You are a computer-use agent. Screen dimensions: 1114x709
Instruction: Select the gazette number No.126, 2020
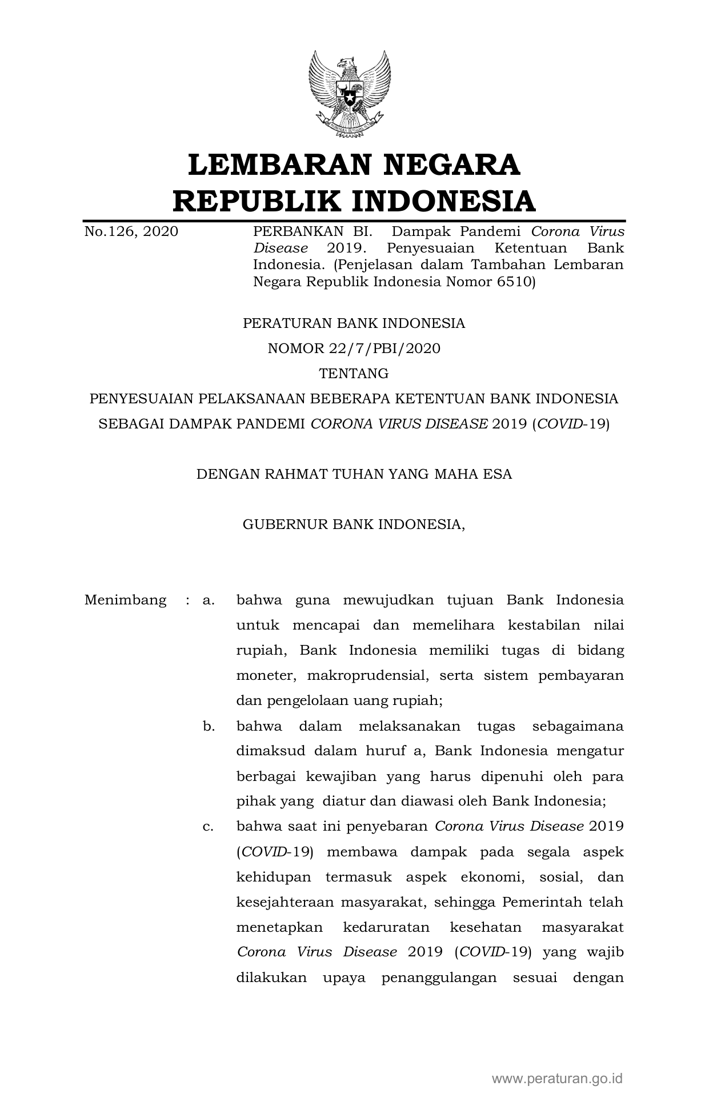pyautogui.click(x=131, y=231)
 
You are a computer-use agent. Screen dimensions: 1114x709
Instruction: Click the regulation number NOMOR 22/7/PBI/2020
pyautogui.click(x=354, y=348)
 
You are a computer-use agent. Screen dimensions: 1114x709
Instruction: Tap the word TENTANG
pyautogui.click(x=354, y=374)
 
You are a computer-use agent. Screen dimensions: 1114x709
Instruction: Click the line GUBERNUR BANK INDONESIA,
pyautogui.click(x=354, y=524)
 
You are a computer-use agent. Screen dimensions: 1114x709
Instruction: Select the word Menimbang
pyautogui.click(x=126, y=600)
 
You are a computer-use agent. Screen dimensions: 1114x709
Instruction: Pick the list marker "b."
pyautogui.click(x=209, y=726)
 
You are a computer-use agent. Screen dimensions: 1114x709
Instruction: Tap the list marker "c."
pyautogui.click(x=209, y=826)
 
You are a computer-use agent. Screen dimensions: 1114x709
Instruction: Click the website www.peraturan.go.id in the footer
pyautogui.click(x=558, y=1079)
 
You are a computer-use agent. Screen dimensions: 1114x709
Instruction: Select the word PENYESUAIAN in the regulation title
pyautogui.click(x=142, y=398)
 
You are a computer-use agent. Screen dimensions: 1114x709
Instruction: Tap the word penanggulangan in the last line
pyautogui.click(x=440, y=977)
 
